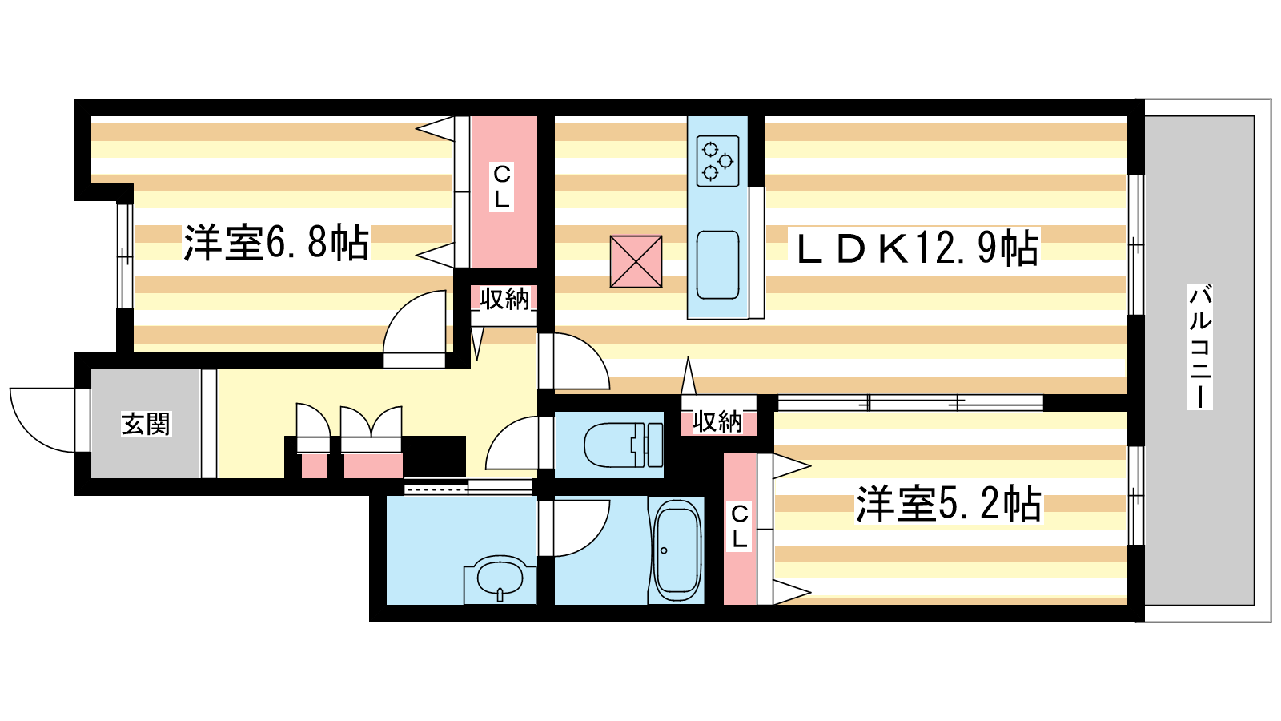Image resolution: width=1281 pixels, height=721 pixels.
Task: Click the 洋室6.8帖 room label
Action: coord(275,243)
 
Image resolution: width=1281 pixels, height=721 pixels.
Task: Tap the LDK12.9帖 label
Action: coord(917,248)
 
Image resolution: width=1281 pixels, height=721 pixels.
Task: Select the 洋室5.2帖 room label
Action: coord(948,504)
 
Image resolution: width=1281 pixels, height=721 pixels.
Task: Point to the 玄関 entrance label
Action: coord(146,424)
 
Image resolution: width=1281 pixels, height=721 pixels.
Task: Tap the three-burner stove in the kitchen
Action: coord(717,161)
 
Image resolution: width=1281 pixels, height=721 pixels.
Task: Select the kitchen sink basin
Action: coord(717,265)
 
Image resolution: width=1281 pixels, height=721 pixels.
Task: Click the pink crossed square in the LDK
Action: coord(636,261)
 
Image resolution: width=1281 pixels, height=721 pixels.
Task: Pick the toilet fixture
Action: coord(624,445)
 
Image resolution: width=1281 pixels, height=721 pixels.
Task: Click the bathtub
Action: coord(677,550)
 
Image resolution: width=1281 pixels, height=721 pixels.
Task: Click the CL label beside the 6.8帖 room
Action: coord(501,187)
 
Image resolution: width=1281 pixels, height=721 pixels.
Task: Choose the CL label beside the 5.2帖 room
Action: coord(740,526)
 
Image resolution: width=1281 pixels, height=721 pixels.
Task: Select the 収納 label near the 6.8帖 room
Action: coord(504,299)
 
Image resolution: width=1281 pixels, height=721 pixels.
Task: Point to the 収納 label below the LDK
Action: coord(717,421)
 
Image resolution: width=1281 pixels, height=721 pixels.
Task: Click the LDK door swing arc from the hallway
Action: coord(594,352)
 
